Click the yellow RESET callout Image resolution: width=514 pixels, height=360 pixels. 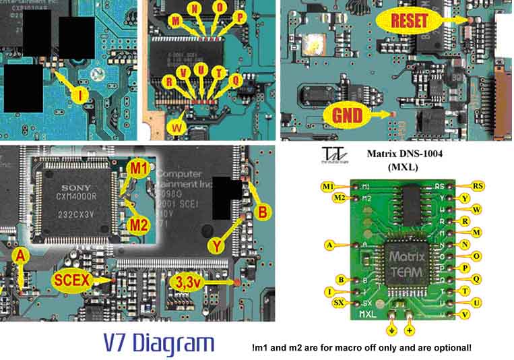point(409,20)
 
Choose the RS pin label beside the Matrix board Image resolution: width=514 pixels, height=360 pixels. point(477,185)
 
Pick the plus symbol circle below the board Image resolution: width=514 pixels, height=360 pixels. point(411,331)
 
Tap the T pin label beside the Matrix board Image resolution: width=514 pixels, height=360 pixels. point(477,291)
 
